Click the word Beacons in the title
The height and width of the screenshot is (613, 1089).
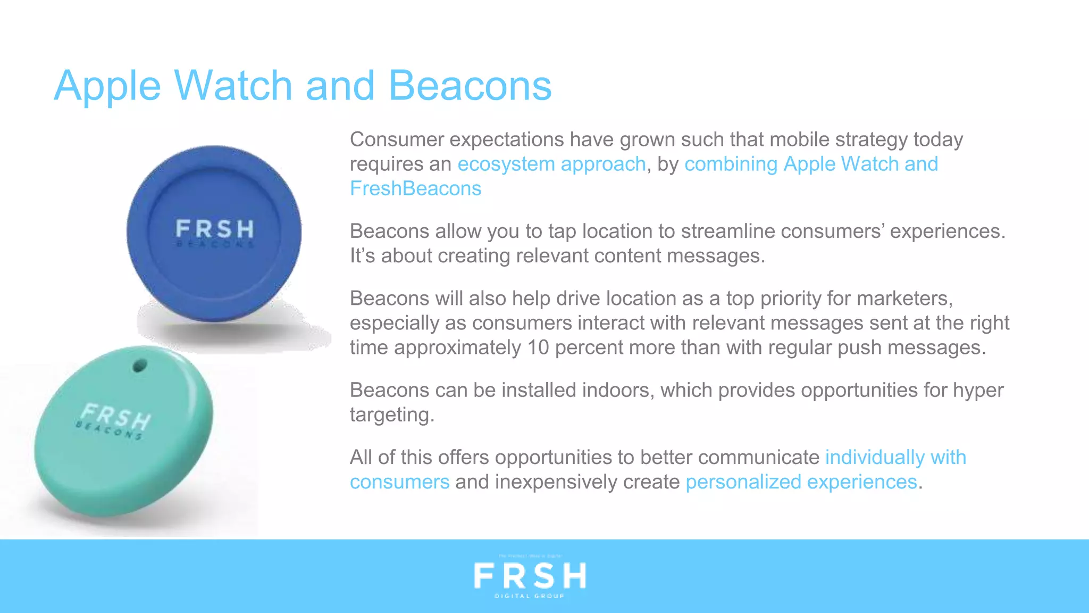[470, 86]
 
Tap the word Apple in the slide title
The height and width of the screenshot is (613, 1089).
[107, 86]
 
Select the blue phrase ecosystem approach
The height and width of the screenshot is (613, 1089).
[551, 164]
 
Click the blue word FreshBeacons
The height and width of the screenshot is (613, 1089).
[415, 189]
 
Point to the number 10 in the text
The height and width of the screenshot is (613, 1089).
[538, 347]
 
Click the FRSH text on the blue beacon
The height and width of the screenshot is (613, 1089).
[215, 229]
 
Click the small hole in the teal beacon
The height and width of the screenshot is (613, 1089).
[139, 366]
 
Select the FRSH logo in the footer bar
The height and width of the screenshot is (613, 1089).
[530, 576]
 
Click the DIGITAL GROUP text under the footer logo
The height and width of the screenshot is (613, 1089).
[530, 596]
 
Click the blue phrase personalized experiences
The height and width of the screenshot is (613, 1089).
[801, 482]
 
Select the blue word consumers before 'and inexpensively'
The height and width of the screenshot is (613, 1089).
[399, 482]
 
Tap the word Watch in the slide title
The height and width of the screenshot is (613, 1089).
[233, 86]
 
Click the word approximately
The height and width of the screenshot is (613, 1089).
[457, 347]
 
